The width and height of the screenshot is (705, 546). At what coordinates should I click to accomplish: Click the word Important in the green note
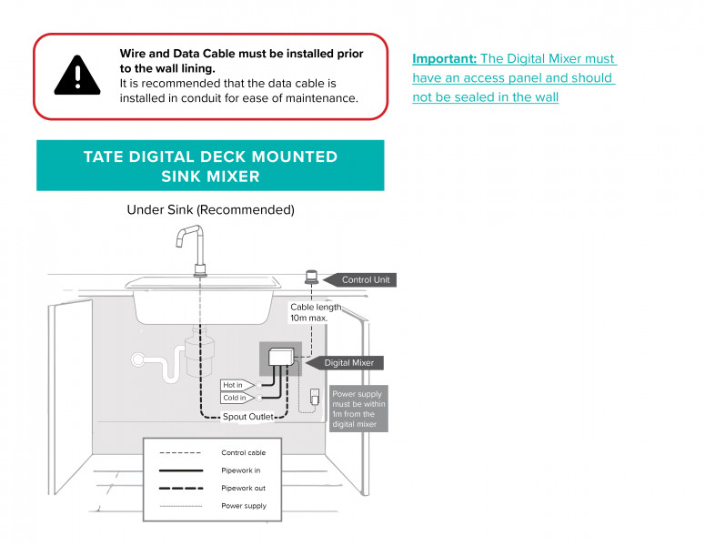coord(444,59)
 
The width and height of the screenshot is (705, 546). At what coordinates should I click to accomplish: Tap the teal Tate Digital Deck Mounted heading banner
coord(210,166)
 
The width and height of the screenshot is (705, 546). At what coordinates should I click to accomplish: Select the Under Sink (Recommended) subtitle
coord(210,210)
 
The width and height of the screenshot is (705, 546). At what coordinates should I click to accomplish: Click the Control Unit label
coord(365,279)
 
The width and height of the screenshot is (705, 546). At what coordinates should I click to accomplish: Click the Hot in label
coord(233,385)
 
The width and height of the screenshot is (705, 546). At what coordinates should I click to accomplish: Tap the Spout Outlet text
coord(248,417)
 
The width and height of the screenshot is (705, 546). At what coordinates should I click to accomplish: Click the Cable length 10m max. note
coord(315,313)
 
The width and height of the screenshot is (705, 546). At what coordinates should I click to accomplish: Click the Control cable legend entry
coord(243,452)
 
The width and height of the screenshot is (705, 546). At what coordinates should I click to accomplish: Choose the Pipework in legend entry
coord(240,470)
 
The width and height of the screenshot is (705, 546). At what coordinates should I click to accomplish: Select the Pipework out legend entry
coord(242,488)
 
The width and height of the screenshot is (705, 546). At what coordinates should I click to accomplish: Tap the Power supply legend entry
coord(243,506)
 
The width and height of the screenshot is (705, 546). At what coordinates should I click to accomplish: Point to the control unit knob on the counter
coord(310,276)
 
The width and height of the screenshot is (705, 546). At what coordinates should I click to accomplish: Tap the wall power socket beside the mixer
coord(315,398)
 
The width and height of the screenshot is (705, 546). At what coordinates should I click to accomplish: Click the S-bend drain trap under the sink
coord(164,364)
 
